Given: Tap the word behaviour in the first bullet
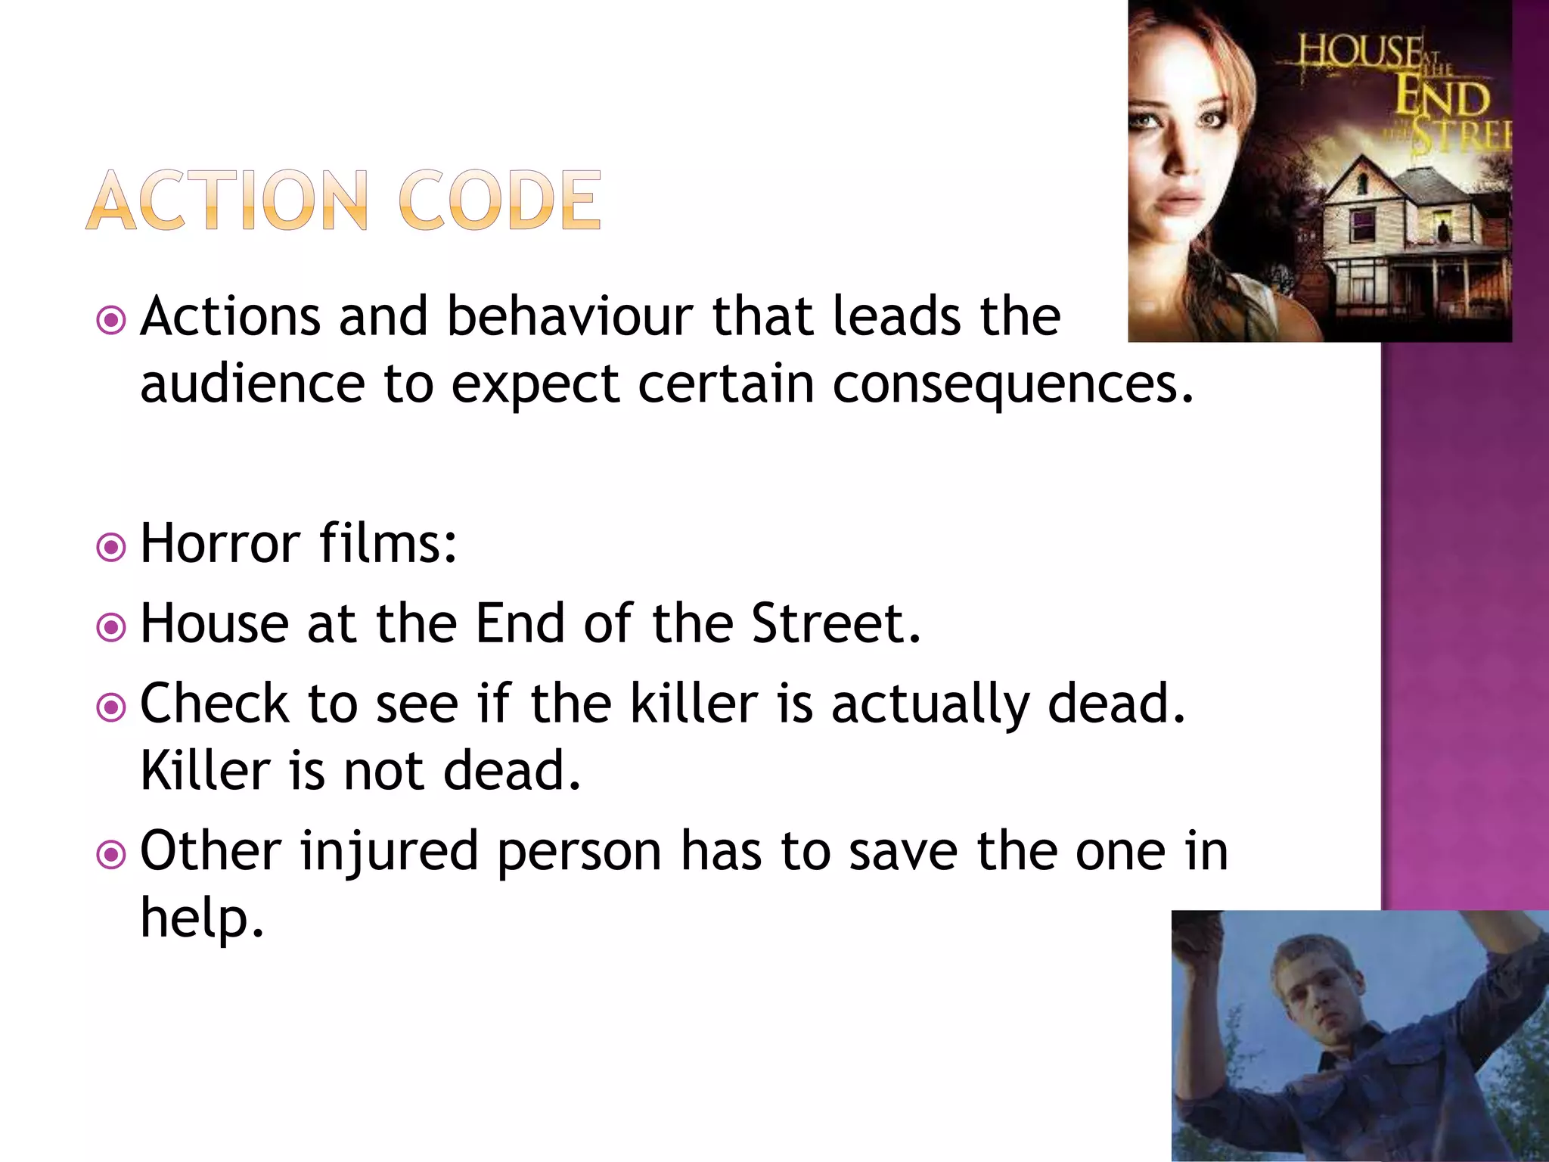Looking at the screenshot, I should (x=570, y=316).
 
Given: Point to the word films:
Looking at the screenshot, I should (x=388, y=543).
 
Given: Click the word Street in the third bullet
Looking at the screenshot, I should (x=835, y=623).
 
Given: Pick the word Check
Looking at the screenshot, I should (x=214, y=704).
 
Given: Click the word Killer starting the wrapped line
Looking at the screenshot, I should (x=206, y=771).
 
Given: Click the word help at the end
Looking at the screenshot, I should (x=201, y=918).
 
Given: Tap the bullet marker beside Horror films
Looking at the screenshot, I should (x=111, y=546).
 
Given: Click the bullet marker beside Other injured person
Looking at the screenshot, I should (x=111, y=855).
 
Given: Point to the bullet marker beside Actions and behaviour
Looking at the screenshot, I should (x=111, y=320).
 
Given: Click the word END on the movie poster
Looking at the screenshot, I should (x=1442, y=98).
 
